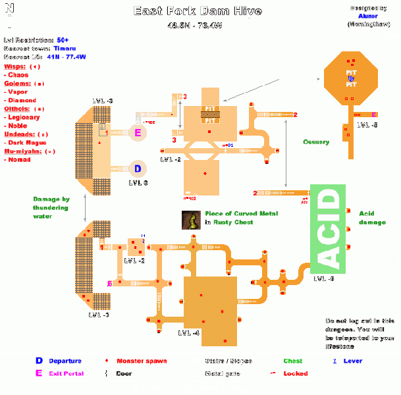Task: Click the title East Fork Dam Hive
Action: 198,11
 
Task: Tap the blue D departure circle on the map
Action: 138,169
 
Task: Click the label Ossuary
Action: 316,142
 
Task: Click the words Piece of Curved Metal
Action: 241,213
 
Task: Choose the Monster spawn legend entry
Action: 142,361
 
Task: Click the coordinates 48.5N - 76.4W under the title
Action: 198,26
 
